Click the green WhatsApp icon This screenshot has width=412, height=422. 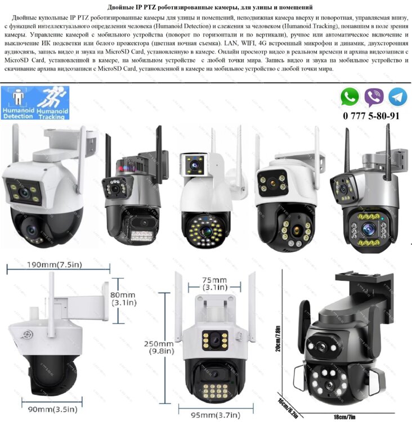(350, 97)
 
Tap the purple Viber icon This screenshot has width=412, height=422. (374, 97)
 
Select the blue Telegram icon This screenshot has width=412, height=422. (397, 97)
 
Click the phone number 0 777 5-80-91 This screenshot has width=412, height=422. (371, 116)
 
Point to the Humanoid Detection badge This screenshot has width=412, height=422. (19, 103)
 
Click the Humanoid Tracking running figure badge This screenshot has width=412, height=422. (52, 103)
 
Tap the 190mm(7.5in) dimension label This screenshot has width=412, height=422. (55, 264)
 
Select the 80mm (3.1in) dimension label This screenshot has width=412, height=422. (124, 299)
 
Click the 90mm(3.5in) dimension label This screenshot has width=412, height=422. (52, 410)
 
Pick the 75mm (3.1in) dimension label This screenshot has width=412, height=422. (214, 284)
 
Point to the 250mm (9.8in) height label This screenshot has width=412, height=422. (159, 347)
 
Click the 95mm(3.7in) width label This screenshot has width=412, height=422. (216, 415)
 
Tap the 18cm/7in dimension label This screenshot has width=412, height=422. (344, 417)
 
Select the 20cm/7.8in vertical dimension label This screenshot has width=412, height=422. (278, 339)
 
